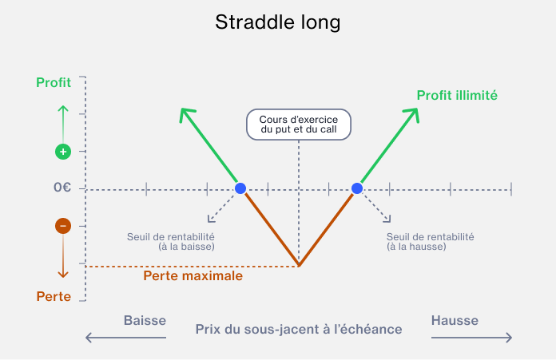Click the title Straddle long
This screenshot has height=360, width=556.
[x=278, y=22]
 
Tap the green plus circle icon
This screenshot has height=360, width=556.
[x=63, y=152]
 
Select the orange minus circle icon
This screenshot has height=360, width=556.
[x=63, y=226]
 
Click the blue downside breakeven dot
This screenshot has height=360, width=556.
[x=240, y=188]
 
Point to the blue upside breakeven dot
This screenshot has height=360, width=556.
[x=357, y=188]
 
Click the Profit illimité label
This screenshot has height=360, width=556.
[x=457, y=95]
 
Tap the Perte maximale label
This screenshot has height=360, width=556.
[x=193, y=275]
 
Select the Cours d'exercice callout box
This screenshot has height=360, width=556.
[x=299, y=125]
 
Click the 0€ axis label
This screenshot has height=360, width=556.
[x=62, y=187]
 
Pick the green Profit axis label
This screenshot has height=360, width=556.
[x=54, y=82]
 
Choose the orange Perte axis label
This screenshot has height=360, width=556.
[x=54, y=296]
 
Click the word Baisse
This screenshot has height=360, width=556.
[x=145, y=320]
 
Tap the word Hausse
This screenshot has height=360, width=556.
[x=455, y=320]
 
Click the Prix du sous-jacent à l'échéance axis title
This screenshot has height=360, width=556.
[x=299, y=329]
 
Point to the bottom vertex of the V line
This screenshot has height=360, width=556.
[x=299, y=265]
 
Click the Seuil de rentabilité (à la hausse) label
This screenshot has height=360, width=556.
[x=430, y=242]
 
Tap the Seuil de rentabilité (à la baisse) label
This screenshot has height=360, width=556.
[x=171, y=242]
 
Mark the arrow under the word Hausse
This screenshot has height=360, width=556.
[x=471, y=338]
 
